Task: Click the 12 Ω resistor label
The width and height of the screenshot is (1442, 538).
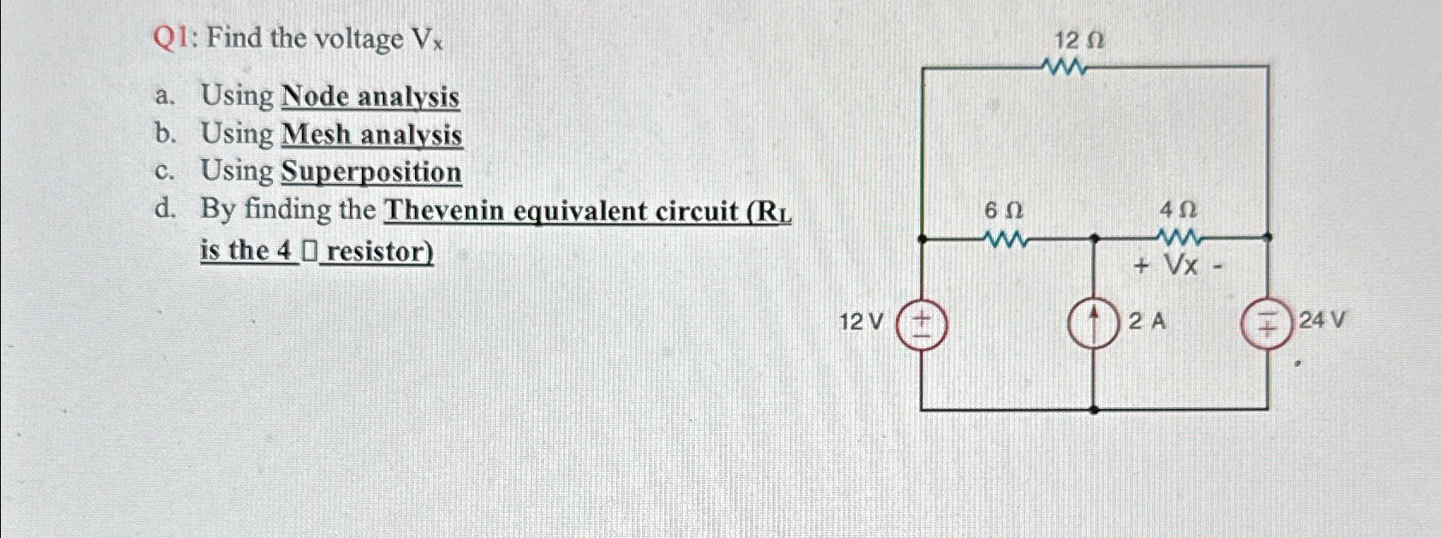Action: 1078,40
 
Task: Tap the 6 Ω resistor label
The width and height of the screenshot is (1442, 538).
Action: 1004,210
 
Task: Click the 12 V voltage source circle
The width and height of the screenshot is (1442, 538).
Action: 921,326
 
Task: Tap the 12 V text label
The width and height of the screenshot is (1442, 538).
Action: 861,322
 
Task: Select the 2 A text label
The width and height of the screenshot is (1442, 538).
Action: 1147,322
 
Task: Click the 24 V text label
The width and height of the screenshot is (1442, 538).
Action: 1322,321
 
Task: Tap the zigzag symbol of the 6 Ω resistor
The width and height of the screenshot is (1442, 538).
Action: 1006,239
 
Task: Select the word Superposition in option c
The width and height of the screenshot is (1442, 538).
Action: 371,172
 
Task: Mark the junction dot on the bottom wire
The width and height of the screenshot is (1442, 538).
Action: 1095,410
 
